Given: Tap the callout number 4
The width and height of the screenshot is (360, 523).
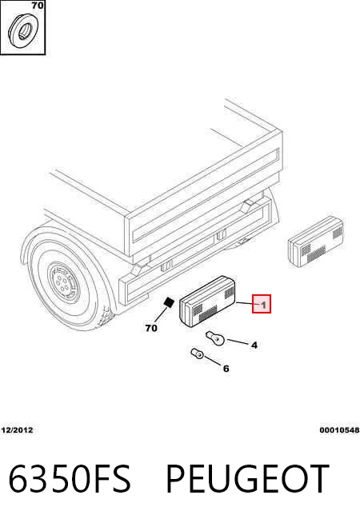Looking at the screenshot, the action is point(254,345).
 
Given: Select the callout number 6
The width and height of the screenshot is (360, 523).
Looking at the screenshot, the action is point(226,369).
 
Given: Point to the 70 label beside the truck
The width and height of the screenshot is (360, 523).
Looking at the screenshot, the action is point(151,328).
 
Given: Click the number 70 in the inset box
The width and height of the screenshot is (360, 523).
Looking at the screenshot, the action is point(38,6).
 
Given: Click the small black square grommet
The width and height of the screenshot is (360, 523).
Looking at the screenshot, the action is point(169,302).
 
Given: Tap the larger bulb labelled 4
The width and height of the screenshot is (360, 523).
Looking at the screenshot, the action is point(214,338).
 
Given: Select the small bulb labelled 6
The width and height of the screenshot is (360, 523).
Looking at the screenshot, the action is point(197,353).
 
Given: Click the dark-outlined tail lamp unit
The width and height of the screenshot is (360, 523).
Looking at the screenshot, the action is point(208,301).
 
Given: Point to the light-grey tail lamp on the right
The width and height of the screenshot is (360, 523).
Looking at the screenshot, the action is point(316,242).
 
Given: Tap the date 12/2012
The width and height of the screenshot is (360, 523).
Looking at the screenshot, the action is point(18,430).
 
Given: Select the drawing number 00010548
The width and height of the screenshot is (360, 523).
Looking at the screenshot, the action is point(339,430).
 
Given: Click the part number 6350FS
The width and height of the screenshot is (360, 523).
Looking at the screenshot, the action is point(69,479).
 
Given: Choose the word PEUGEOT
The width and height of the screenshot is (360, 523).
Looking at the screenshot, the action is point(247,479).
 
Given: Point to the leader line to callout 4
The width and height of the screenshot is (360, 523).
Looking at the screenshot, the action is point(238,342).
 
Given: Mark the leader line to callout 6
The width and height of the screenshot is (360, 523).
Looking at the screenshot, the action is point(213,361).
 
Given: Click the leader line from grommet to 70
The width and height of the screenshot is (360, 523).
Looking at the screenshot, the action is point(162,314).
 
